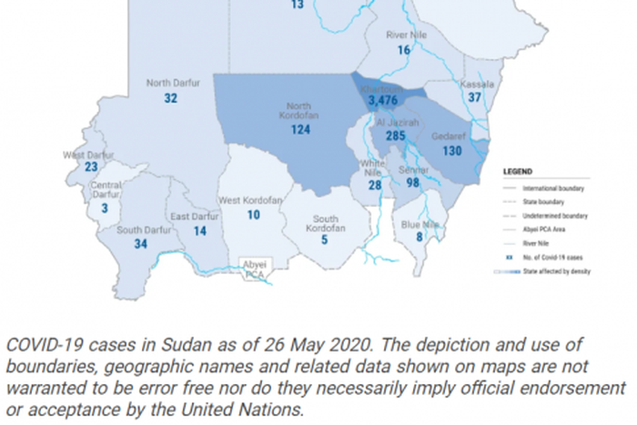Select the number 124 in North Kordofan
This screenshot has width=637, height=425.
301,129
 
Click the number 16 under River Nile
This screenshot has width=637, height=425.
404,50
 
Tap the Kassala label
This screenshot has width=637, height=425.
476,84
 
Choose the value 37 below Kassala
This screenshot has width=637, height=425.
475,97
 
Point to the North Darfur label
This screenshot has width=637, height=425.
168,84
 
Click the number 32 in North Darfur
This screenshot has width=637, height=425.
170,98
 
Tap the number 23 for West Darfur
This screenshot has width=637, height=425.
91,167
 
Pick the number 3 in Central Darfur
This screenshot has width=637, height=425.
106,208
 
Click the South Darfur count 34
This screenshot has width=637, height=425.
140,244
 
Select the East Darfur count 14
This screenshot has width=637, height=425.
200,231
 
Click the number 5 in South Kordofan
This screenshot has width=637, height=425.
324,239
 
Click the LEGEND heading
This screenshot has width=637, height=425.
520,170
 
